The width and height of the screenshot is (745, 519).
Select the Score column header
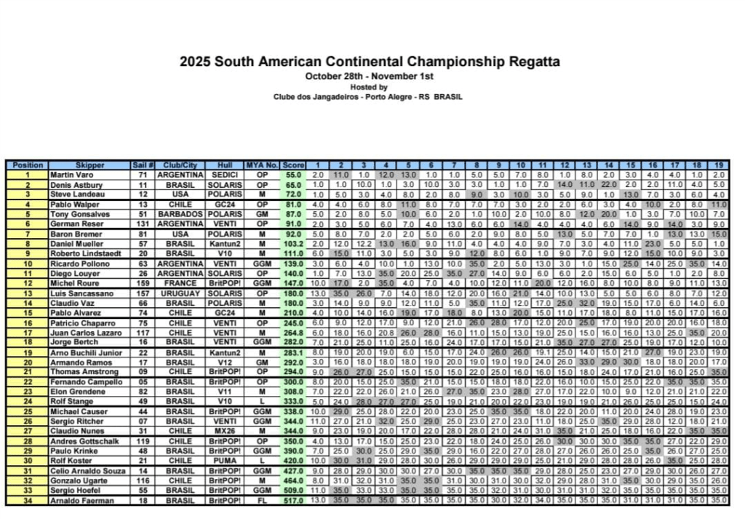click(293, 165)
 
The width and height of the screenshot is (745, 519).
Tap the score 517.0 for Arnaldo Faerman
click(293, 501)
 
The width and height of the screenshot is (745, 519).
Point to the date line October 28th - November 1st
click(370, 76)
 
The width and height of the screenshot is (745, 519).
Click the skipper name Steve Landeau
click(71, 194)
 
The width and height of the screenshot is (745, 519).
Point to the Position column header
click(27, 165)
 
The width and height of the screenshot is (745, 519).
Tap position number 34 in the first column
click(27, 501)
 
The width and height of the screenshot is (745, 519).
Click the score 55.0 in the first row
click(293, 175)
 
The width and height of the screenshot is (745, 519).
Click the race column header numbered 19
click(719, 165)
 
